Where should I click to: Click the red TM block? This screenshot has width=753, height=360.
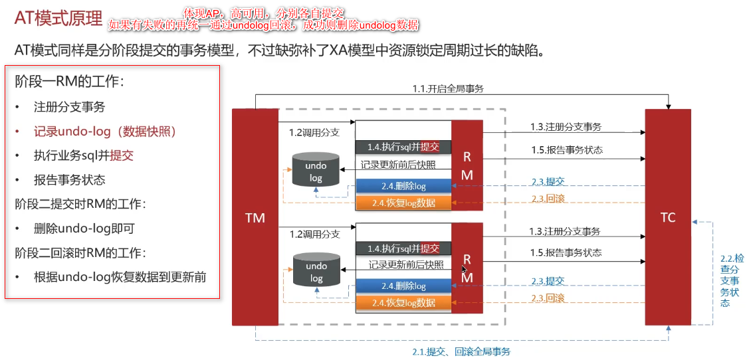click(255, 217)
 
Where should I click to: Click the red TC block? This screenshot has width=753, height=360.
click(668, 217)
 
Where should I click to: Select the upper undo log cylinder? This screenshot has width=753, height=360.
click(316, 171)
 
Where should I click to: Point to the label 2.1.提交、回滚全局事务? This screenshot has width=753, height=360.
click(461, 351)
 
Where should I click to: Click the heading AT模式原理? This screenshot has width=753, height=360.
click(58, 19)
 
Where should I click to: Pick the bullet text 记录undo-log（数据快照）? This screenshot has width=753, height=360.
click(105, 132)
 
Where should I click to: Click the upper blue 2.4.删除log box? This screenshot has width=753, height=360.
click(403, 187)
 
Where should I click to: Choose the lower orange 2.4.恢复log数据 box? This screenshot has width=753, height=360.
click(403, 303)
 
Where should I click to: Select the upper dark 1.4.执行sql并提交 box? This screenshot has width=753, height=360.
click(403, 147)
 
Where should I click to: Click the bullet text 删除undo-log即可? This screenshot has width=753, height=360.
click(84, 228)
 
